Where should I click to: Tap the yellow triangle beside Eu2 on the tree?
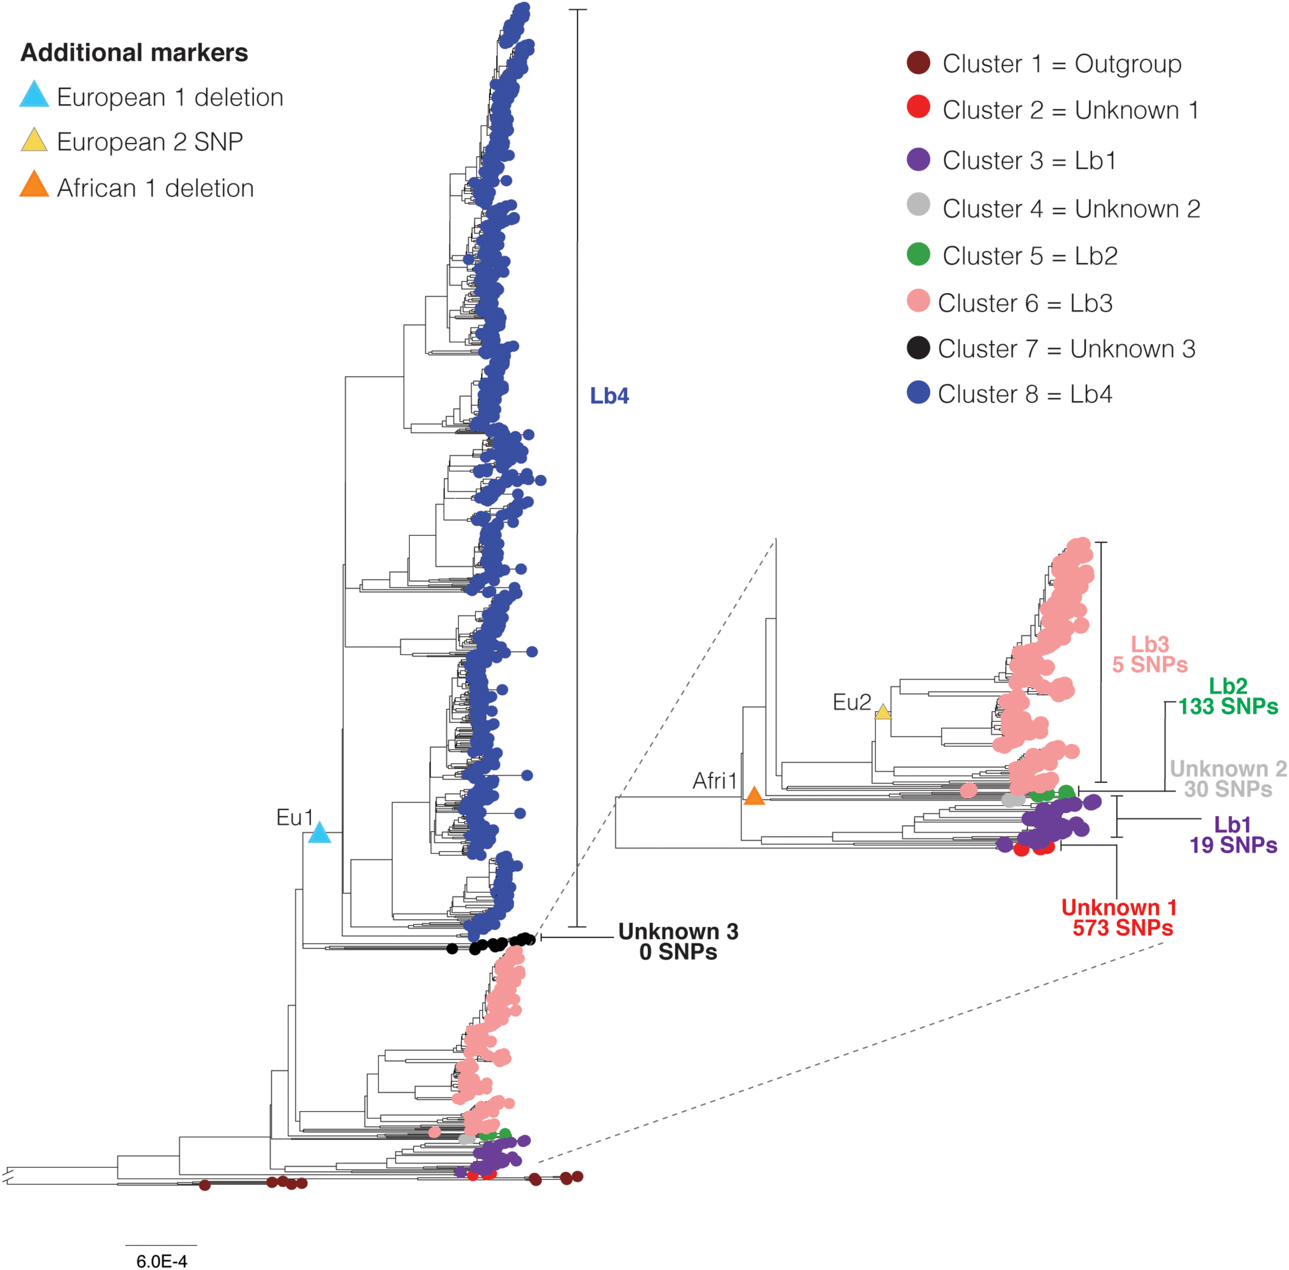tap(883, 712)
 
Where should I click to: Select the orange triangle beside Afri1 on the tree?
tap(754, 796)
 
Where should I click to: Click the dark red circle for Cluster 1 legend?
tap(919, 63)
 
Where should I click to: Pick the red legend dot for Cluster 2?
tap(919, 107)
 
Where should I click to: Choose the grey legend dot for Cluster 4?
tap(919, 204)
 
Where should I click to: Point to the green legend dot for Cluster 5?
tap(919, 254)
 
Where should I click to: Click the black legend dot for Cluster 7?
tap(919, 347)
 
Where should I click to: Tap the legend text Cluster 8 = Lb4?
tap(1025, 394)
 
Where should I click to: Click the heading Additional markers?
tap(134, 53)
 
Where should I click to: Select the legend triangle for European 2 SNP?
tap(34, 140)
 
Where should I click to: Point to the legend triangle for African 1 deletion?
tap(34, 185)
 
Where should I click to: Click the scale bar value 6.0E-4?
tap(161, 1261)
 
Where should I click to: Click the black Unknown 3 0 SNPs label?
tap(678, 942)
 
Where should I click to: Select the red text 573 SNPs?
tap(1123, 928)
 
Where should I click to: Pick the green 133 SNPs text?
tap(1228, 706)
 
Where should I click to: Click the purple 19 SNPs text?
tap(1233, 845)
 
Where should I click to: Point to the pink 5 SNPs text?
tap(1150, 664)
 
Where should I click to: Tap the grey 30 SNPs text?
tap(1228, 789)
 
